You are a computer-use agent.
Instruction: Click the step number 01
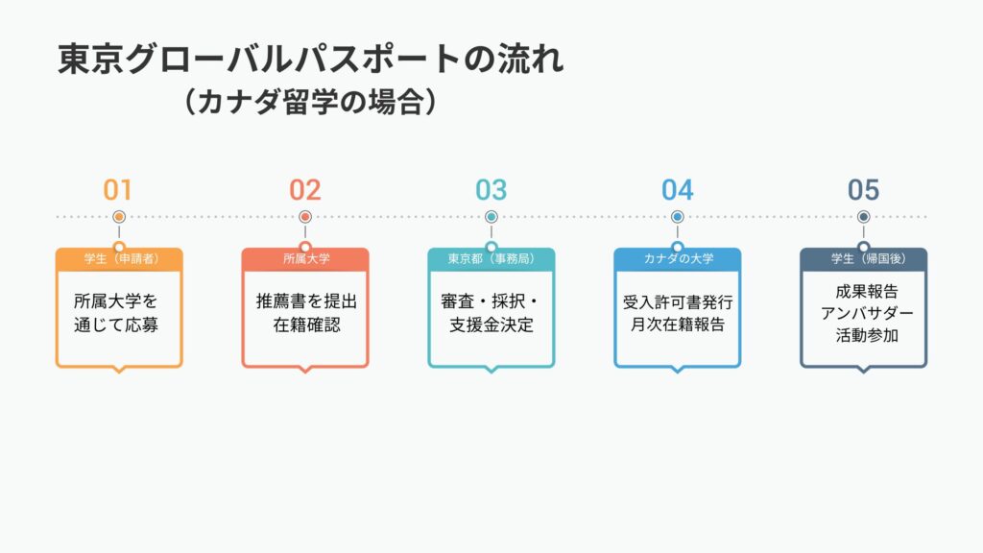click(118, 189)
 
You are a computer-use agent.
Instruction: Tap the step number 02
click(304, 189)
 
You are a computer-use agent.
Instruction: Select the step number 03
click(491, 189)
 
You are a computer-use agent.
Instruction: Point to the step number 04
click(677, 189)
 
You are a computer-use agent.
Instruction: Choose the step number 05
click(863, 189)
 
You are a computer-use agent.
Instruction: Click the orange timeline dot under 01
click(119, 217)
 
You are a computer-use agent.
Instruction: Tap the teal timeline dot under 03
click(491, 217)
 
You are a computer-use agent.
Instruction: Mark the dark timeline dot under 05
click(864, 217)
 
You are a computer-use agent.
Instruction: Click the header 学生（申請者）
click(119, 259)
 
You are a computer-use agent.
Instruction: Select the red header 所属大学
click(305, 259)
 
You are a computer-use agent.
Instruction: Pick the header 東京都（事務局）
click(491, 259)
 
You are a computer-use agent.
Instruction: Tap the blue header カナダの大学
click(678, 259)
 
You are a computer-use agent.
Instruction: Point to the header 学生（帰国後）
click(864, 259)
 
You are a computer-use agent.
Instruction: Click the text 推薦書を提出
click(305, 301)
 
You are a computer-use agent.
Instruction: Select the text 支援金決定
click(491, 325)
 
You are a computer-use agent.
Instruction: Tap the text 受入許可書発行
click(678, 301)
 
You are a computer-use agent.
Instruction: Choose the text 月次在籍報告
click(678, 325)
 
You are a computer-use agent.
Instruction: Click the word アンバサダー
click(864, 314)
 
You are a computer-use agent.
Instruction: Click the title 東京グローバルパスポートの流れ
click(311, 60)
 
